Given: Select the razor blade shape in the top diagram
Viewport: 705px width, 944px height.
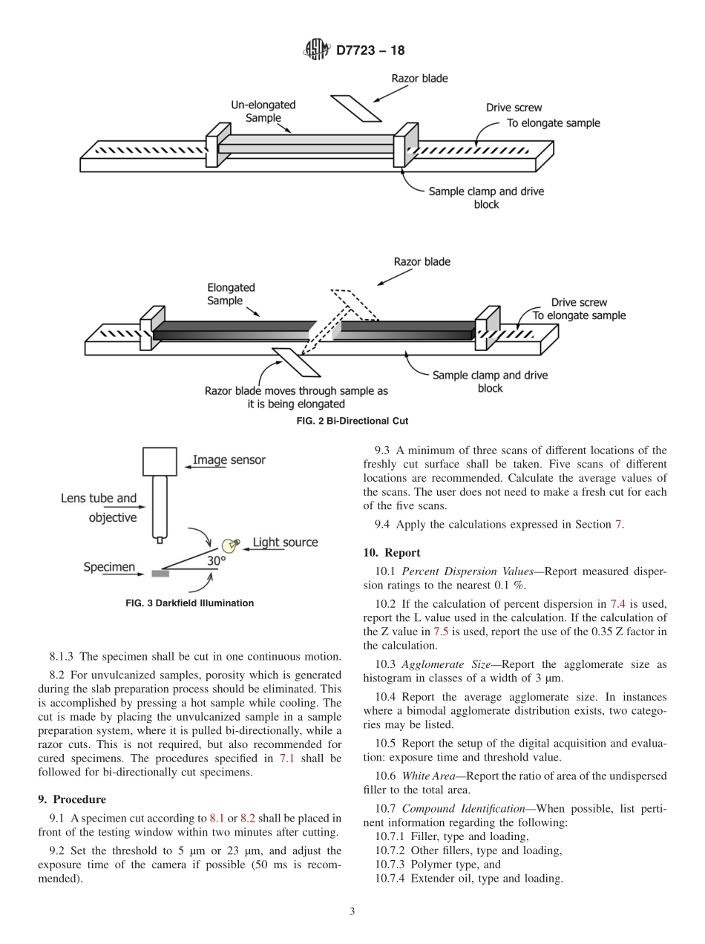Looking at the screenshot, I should tap(355, 108).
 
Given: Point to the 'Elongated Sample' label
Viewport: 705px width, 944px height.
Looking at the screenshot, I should tap(231, 294).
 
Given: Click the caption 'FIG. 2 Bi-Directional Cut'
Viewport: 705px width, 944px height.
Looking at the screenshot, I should tap(352, 421).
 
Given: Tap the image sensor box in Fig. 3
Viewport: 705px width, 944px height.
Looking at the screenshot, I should tap(160, 461).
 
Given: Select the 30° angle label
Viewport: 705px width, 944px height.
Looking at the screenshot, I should tap(215, 562).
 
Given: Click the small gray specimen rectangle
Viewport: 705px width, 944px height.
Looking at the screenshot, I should tap(160, 573).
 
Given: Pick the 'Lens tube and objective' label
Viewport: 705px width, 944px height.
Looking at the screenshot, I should tap(99, 508).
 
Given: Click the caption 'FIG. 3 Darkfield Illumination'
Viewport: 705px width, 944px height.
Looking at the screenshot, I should tap(190, 603).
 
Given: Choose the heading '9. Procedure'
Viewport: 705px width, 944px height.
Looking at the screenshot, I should tap(79, 799).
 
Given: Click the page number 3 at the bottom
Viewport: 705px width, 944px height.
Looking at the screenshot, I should tap(352, 912).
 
